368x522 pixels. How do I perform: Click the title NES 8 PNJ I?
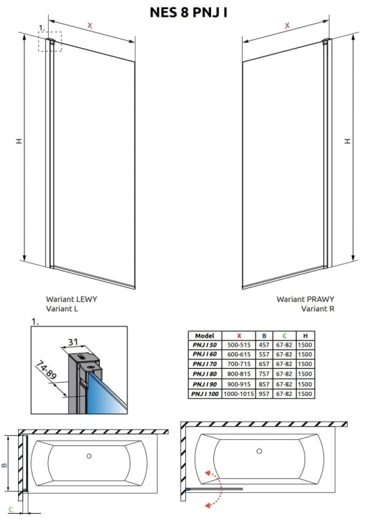pos(188,13)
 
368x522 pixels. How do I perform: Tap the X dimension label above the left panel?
pos(90,25)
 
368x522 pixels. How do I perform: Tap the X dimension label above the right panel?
pos(287,25)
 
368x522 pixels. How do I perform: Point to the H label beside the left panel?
pos(20,141)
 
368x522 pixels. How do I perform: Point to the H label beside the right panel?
pos(348,141)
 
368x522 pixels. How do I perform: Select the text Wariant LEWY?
pos(72,299)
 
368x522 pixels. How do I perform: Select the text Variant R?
pos(318,308)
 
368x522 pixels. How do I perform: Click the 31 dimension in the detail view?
pos(72,341)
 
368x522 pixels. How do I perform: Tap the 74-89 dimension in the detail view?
pos(46,370)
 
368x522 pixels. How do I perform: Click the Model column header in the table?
pos(205,335)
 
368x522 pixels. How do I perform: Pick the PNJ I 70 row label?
pos(205,364)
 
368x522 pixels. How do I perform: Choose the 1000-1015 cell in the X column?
pos(238,393)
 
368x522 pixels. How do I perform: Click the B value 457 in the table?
pos(264,345)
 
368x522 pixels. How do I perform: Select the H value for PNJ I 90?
pos(305,383)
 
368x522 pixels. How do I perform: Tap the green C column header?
pos(284,335)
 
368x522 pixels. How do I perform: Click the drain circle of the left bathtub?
pos(89,456)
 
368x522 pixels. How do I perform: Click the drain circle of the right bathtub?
pos(259,451)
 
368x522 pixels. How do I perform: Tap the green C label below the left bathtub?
pos(10,509)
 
